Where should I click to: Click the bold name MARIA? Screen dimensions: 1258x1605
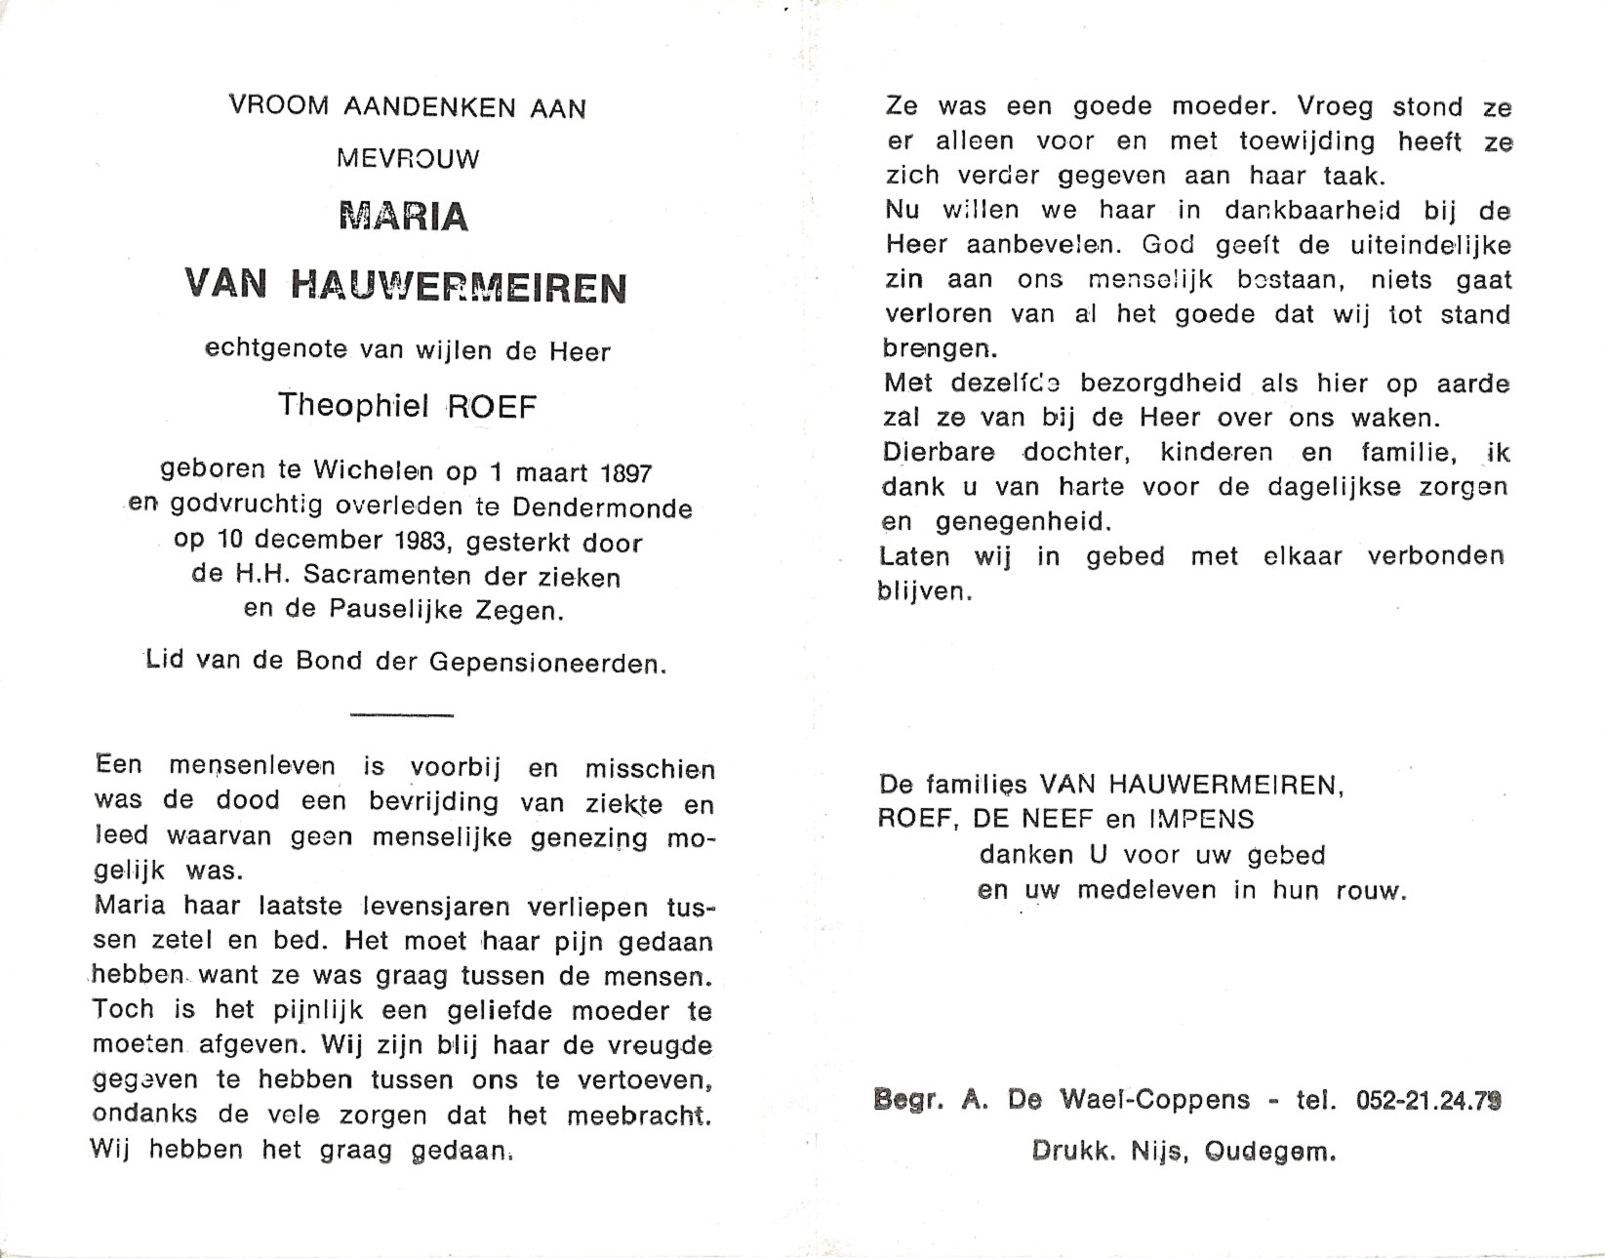pyautogui.click(x=404, y=217)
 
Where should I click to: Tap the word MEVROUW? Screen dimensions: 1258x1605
pyautogui.click(x=408, y=159)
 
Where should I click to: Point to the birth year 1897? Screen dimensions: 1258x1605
pyautogui.click(x=625, y=473)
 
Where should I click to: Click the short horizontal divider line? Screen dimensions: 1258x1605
pyautogui.click(x=401, y=715)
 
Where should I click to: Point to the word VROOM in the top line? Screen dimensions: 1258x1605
pyautogui.click(x=278, y=106)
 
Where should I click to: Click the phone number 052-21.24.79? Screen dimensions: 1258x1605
pyautogui.click(x=1428, y=1101)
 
